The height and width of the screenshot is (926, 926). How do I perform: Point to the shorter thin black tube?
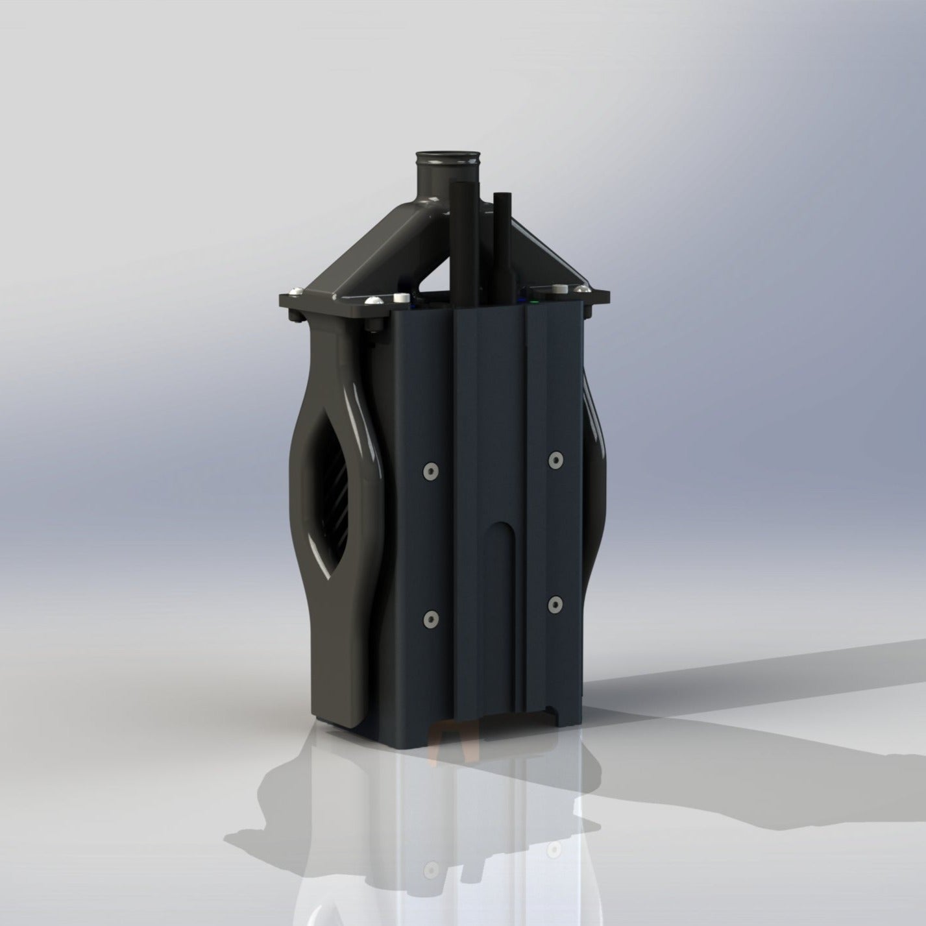point(500,247)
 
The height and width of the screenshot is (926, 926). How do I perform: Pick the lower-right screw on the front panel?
point(554,605)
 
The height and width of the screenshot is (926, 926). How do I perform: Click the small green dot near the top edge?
point(533,302)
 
